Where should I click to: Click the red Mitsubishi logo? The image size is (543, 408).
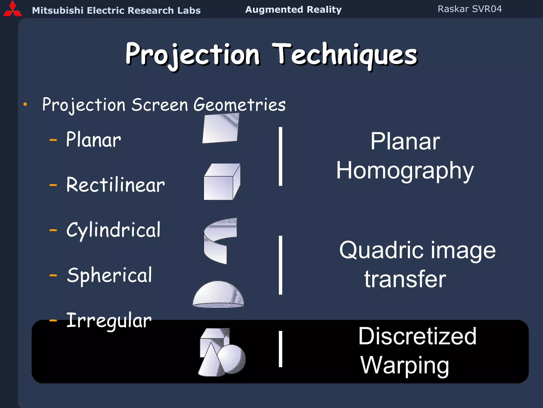pos(12,10)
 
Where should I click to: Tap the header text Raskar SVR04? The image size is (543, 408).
pos(470,9)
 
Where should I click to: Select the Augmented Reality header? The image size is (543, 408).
pos(293,10)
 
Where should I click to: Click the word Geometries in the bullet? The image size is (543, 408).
pos(239,105)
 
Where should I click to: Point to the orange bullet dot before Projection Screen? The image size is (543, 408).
pos(25,104)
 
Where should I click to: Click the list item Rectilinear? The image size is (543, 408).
pos(115,185)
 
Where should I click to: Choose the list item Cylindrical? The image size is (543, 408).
pos(113,230)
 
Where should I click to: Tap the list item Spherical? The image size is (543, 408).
pos(110,275)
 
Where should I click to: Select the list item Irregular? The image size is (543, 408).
pos(109,321)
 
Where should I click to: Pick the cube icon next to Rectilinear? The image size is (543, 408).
pos(222,182)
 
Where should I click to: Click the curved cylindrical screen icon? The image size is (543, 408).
pos(219,240)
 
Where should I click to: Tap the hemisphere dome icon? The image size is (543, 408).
pos(218,295)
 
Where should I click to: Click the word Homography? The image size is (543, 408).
pos(405,171)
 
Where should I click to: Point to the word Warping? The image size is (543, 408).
pos(405,365)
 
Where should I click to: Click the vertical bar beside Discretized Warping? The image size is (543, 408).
pos(281,349)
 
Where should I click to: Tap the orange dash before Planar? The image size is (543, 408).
pos(53,140)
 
